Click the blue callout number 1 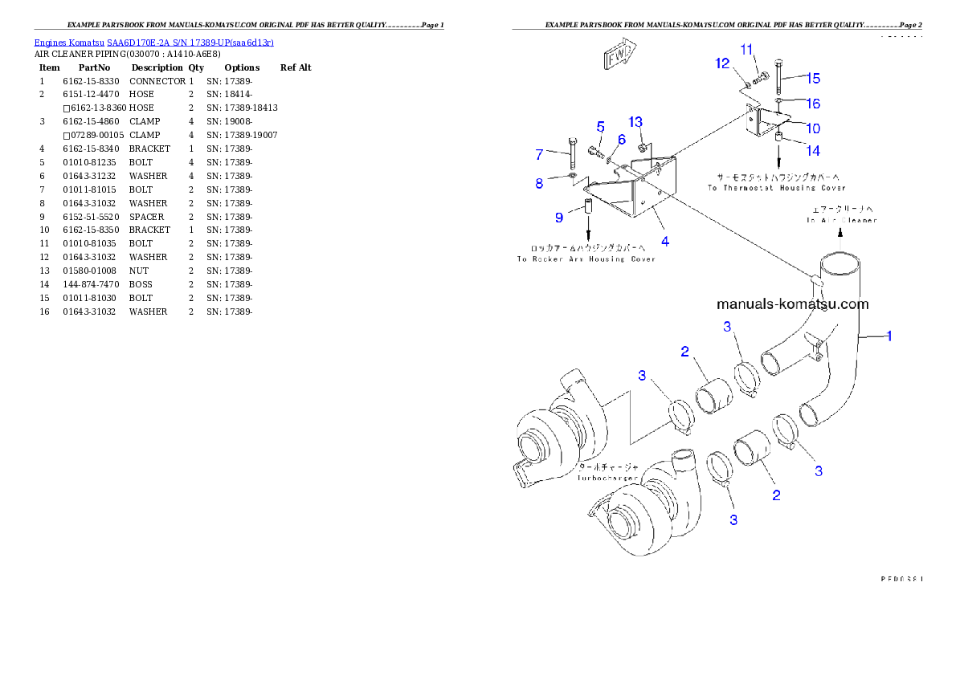tap(889, 336)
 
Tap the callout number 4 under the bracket tap(665, 241)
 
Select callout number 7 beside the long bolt tap(540, 154)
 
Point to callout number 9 tap(559, 218)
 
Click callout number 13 tap(635, 122)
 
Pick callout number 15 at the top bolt tap(813, 78)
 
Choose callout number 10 tap(813, 128)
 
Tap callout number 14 tap(813, 150)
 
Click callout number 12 tap(723, 63)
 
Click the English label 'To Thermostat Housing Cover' tap(776, 188)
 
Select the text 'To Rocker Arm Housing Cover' tap(586, 259)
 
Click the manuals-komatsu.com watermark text tap(792, 304)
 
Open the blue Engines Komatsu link tap(153, 43)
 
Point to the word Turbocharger tap(607, 478)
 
